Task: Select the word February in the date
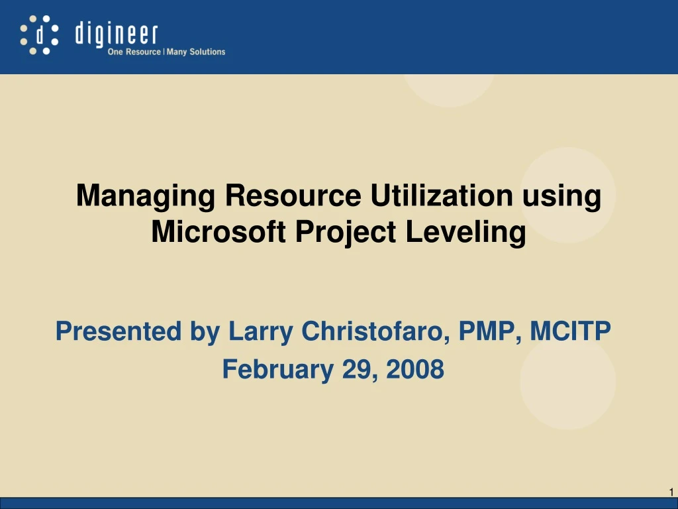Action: [277, 369]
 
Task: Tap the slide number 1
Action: [671, 492]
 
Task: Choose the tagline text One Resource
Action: [134, 52]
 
